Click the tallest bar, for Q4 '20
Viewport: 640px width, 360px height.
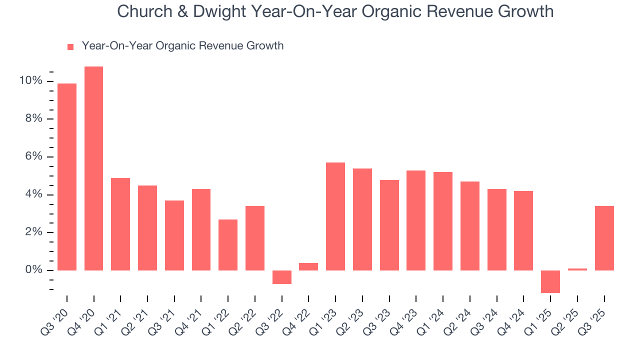coord(94,168)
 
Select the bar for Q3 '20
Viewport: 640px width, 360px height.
coord(67,177)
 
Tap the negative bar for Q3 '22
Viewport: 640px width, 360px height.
coord(282,277)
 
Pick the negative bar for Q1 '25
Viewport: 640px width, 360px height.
coord(550,281)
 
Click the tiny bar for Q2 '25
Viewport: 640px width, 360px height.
coord(577,269)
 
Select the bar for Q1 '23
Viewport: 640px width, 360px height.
coord(335,216)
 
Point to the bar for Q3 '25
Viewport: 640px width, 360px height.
coord(604,238)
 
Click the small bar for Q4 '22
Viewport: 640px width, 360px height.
coord(308,266)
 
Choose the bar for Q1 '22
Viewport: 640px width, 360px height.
coord(228,245)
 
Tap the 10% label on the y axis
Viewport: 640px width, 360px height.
coord(31,80)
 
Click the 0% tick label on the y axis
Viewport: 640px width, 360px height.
coord(34,270)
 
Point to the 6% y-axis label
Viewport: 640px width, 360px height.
coord(34,156)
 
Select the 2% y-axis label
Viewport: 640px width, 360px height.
coord(34,232)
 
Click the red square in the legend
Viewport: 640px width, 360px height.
coord(70,46)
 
